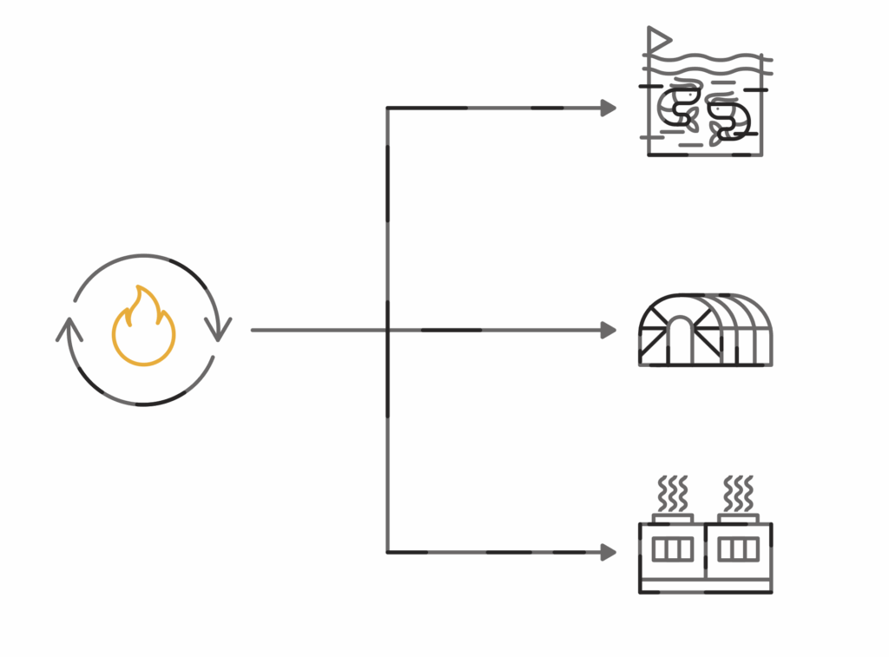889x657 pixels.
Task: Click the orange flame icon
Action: pos(143,329)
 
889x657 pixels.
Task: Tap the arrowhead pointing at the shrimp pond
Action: pos(608,108)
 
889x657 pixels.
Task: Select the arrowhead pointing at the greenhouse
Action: pos(608,330)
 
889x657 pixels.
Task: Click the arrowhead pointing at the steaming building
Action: pos(608,551)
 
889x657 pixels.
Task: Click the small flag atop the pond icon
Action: pos(659,38)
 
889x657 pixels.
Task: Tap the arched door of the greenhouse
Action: pos(680,339)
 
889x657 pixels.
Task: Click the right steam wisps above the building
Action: pos(739,494)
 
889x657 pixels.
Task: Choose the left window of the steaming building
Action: pos(673,549)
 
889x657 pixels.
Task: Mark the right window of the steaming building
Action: pos(739,549)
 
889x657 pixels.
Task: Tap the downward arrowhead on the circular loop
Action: pos(218,329)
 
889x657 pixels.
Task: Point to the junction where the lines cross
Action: pos(387,330)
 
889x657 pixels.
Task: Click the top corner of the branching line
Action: pos(387,108)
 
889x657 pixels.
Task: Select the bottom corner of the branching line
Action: pos(387,551)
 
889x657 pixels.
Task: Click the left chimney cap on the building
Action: pos(673,519)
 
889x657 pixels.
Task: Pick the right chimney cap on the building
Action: pos(739,519)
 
